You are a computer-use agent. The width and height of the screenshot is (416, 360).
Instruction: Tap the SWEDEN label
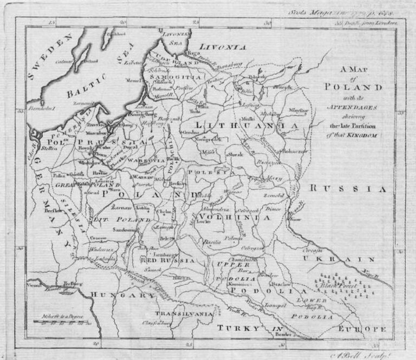[x=51, y=56]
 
